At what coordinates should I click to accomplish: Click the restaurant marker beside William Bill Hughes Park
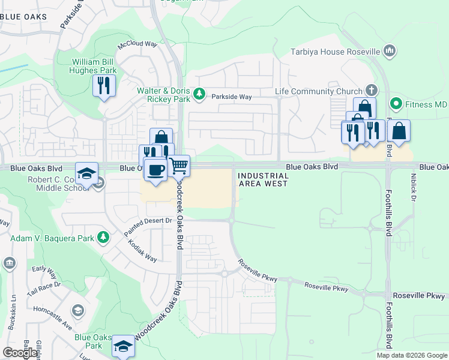[x=104, y=85]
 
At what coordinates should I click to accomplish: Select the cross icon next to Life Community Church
[x=372, y=91]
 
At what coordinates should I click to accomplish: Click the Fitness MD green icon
[x=396, y=104]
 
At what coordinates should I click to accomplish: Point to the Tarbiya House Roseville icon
[x=390, y=51]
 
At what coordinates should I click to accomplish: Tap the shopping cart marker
[x=179, y=165]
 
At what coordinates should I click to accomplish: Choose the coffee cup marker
[x=155, y=170]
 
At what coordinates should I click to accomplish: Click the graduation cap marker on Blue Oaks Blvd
[x=87, y=173]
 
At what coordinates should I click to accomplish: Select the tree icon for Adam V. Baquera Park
[x=103, y=238]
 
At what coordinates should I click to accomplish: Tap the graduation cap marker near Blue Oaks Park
[x=124, y=346]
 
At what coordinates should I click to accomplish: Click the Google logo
[x=20, y=352]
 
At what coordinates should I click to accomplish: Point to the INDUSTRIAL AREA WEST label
[x=264, y=179]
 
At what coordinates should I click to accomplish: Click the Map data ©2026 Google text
[x=412, y=355]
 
